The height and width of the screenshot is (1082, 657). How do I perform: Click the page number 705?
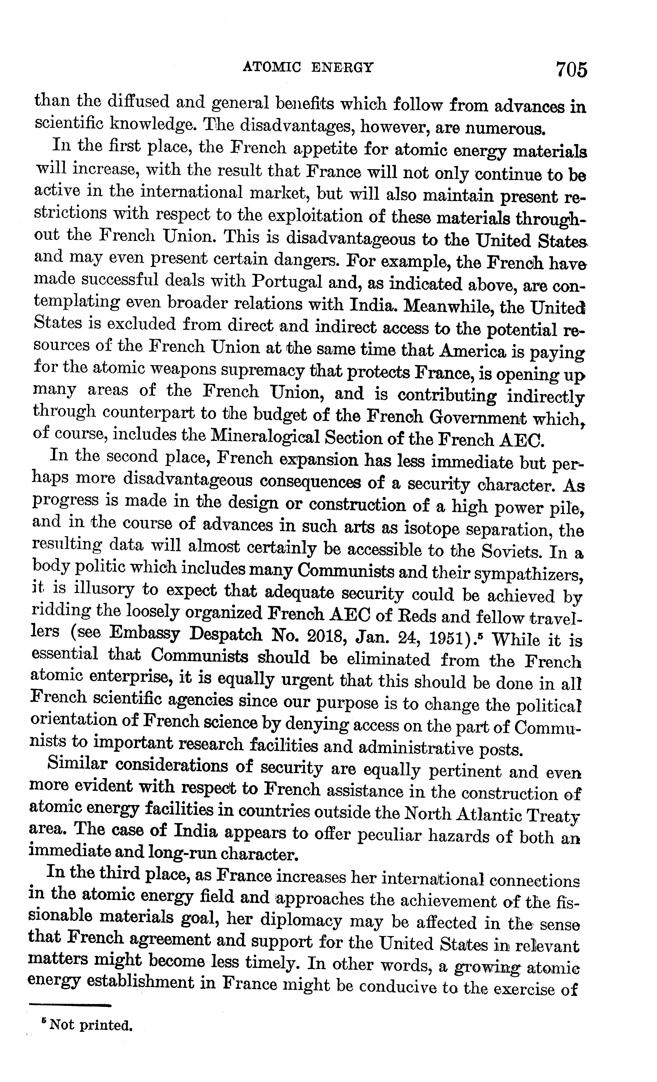[571, 69]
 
